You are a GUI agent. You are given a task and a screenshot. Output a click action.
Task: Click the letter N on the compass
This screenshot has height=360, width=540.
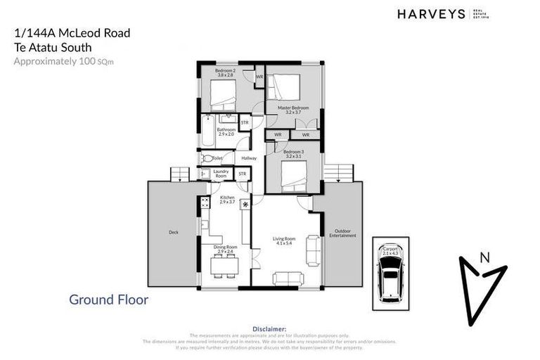click(484, 257)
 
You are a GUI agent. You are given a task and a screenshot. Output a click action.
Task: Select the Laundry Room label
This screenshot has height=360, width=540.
click(221, 173)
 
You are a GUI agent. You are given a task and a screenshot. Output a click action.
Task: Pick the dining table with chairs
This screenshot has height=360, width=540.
click(225, 266)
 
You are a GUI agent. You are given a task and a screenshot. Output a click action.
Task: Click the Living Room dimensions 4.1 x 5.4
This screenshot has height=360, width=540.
click(284, 243)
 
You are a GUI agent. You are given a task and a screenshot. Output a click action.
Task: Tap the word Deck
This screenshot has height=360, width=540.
click(173, 231)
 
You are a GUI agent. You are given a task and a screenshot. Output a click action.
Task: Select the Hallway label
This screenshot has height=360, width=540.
click(249, 158)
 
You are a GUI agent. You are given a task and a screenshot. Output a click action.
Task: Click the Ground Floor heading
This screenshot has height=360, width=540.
click(108, 300)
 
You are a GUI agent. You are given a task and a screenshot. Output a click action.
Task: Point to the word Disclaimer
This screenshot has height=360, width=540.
click(270, 328)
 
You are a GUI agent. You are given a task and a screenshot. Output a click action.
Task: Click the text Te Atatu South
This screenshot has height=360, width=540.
click(55, 47)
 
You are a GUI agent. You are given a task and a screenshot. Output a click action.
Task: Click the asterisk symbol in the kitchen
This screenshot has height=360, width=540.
click(245, 205)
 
